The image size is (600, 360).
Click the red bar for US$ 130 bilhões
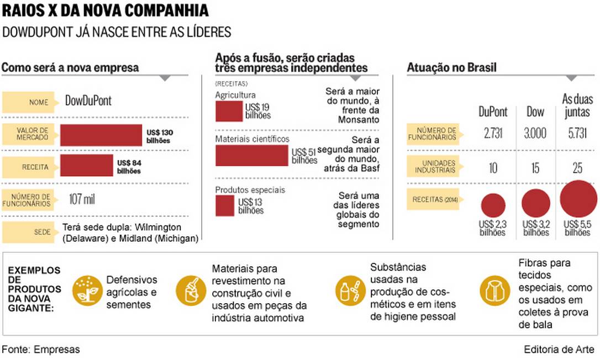101,135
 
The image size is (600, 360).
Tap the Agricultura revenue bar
229,110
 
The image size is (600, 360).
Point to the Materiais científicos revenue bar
251,155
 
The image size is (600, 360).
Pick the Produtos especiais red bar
224,205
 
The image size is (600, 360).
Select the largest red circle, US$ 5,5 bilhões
578,199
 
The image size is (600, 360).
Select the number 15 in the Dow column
535,167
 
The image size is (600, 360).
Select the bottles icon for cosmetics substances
349,288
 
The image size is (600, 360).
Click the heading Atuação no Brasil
451,67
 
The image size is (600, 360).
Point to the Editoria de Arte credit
559,350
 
